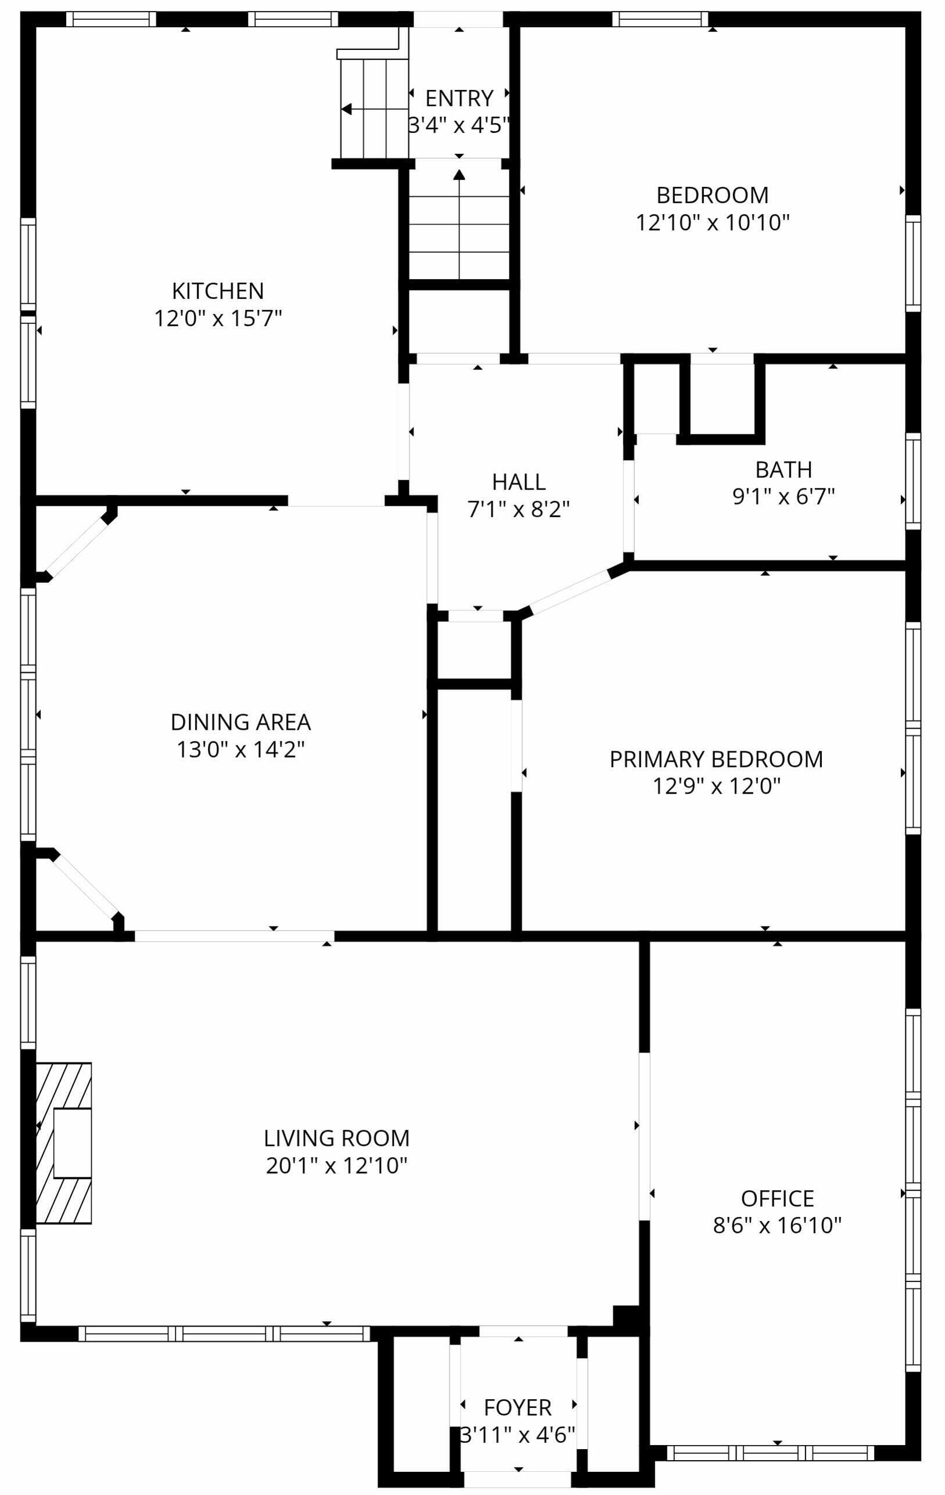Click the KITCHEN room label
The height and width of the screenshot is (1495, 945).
pos(217,290)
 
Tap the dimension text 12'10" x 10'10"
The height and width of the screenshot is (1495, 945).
pos(712,222)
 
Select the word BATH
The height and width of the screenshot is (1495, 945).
pos(784,469)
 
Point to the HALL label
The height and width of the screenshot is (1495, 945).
pos(519,482)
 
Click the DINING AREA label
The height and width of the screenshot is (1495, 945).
pos(240,722)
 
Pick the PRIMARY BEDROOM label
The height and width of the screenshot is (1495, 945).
pos(716,759)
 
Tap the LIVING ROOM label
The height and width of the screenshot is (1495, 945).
pos(337,1138)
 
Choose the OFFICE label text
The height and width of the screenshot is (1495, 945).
pos(777,1198)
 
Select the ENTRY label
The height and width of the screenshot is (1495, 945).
pos(459,98)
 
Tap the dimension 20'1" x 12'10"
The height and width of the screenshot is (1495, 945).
pos(337,1165)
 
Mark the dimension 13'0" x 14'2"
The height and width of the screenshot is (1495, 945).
pos(240,750)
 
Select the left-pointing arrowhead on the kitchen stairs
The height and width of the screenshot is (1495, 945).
pos(347,109)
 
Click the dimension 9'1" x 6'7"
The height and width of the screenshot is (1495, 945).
pos(784,496)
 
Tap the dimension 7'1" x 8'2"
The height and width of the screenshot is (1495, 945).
pos(519,509)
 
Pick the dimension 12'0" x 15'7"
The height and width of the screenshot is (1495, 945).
pos(217,318)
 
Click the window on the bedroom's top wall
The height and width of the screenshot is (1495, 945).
pos(660,19)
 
